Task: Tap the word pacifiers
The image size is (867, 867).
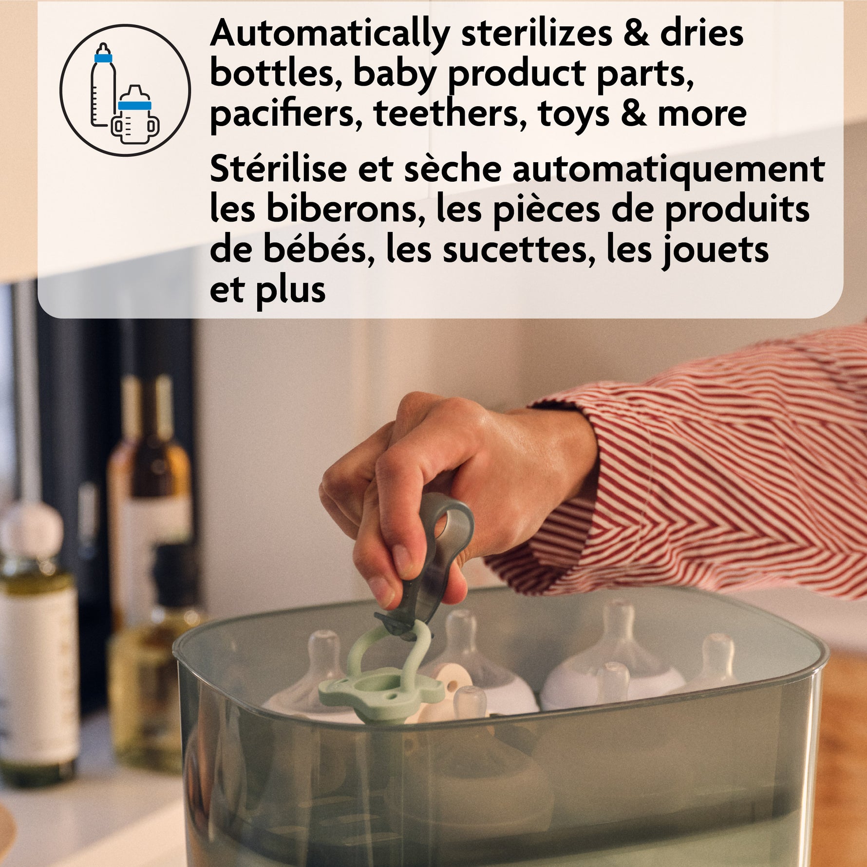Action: [286, 114]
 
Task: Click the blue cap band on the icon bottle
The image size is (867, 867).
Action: [103, 58]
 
